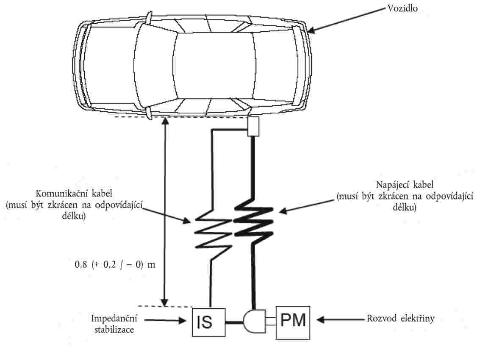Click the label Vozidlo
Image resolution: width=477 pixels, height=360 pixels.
[x=402, y=8]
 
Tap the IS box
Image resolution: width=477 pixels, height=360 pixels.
[x=209, y=322]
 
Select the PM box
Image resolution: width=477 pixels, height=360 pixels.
[x=293, y=323]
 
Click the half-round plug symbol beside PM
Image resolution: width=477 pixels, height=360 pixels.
[x=254, y=321]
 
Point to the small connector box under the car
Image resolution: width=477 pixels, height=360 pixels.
[x=253, y=126]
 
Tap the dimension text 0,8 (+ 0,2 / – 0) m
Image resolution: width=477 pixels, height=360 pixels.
[x=115, y=265]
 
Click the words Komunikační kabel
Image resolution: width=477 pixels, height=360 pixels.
[x=74, y=194]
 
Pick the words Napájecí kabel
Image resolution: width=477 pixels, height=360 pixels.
[x=405, y=185]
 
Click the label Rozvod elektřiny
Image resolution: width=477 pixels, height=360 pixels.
[x=400, y=318]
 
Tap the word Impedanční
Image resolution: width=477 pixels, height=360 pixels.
[x=114, y=318]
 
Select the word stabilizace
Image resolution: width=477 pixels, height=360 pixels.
[x=114, y=330]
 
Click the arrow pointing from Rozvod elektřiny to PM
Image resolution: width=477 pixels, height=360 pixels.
[x=341, y=320]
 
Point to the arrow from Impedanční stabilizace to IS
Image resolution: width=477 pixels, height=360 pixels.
[x=165, y=320]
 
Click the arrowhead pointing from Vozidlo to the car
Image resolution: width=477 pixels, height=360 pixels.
[x=311, y=30]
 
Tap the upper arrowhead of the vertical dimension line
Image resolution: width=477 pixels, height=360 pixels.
[x=165, y=120]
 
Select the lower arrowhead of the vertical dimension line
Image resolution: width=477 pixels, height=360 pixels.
[x=164, y=302]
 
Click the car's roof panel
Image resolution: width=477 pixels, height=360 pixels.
[x=215, y=65]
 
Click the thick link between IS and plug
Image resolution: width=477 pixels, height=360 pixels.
[x=234, y=322]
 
